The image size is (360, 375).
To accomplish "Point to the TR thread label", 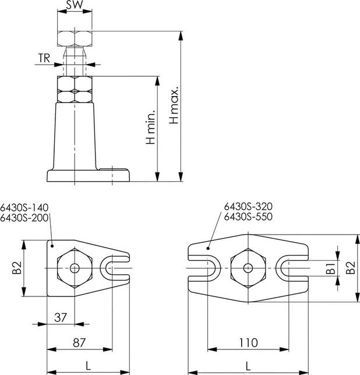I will [x=44, y=58].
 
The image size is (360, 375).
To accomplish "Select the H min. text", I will [x=150, y=126].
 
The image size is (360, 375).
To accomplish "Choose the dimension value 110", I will [x=249, y=344].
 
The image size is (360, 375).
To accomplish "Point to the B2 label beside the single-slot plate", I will [x=17, y=268].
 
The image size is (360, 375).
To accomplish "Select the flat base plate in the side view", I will [x=87, y=176].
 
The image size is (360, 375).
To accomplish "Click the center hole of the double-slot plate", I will [x=249, y=268].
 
